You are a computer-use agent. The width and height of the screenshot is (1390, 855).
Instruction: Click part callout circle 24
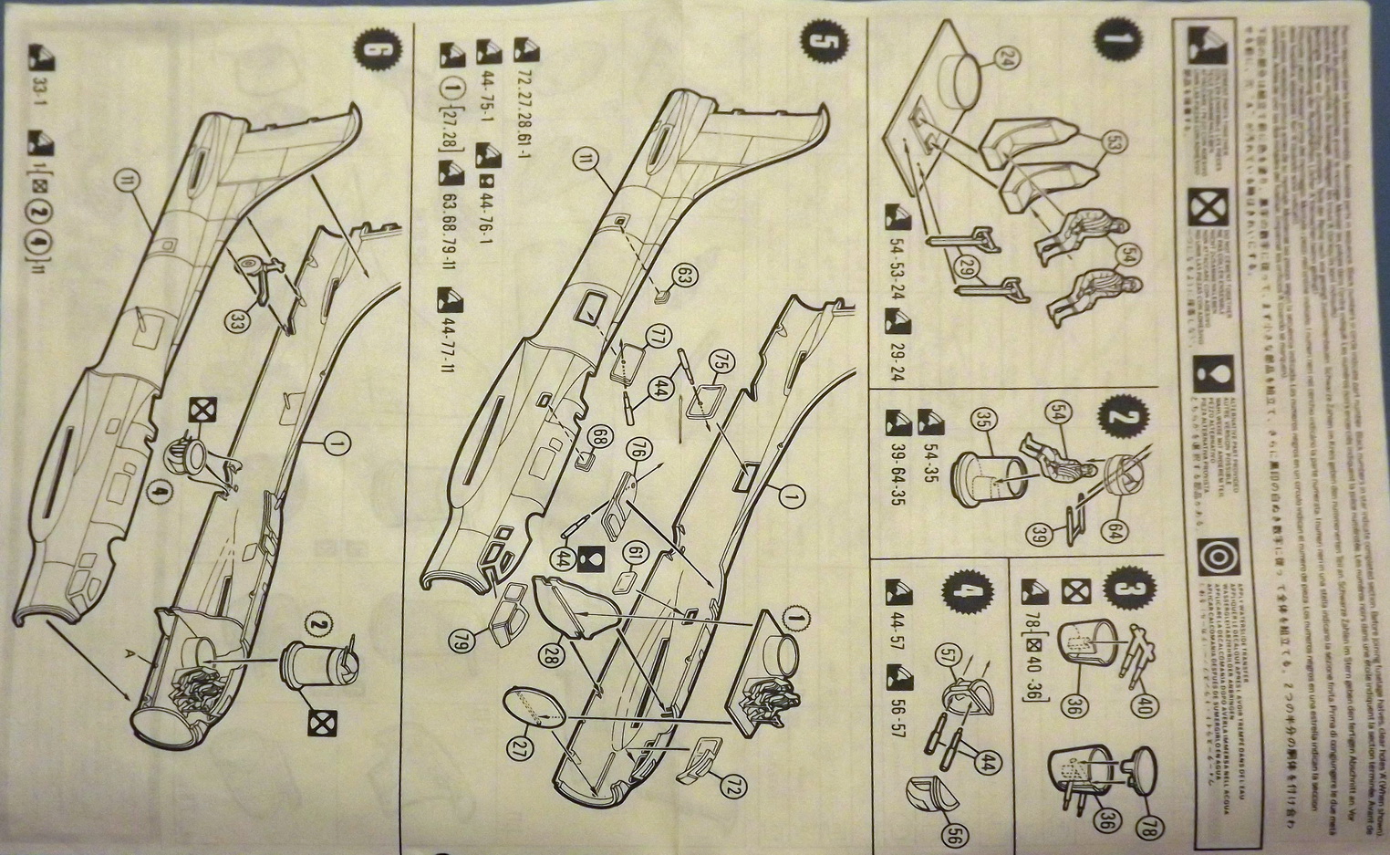click(1006, 60)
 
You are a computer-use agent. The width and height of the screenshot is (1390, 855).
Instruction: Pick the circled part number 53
click(1114, 142)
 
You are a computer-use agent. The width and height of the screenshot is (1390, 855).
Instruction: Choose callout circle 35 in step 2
click(981, 421)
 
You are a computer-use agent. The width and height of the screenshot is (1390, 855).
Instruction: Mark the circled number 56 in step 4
click(953, 833)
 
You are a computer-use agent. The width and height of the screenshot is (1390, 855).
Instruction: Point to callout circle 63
click(685, 275)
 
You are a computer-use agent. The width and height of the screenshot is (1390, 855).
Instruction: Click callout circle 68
click(597, 437)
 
